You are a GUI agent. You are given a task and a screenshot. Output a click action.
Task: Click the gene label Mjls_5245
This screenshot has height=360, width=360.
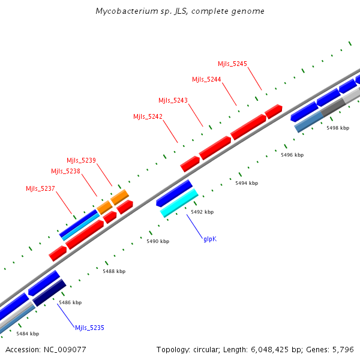click(232, 64)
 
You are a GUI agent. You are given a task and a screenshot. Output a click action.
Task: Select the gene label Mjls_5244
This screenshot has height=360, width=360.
click(206, 79)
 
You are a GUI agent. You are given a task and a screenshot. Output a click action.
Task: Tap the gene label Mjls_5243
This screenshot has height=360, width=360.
click(173, 100)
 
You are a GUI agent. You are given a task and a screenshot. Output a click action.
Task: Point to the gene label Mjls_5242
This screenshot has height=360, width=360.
click(148, 116)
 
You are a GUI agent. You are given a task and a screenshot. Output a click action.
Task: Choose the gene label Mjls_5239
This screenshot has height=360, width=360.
click(81, 160)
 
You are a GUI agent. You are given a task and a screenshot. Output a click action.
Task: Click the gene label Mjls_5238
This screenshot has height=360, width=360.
click(65, 171)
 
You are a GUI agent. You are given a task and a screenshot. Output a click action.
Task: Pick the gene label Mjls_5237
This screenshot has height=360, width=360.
click(40, 188)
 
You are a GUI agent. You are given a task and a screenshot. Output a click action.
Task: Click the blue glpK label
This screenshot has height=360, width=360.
click(210, 239)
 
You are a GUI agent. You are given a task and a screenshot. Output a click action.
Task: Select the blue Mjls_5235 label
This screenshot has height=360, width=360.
click(89, 328)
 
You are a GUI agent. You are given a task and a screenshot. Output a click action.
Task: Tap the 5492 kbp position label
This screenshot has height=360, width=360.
click(202, 212)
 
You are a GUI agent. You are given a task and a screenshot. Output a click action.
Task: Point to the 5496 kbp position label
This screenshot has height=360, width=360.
click(292, 155)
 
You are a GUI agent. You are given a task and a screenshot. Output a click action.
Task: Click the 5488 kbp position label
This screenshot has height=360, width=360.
click(114, 271)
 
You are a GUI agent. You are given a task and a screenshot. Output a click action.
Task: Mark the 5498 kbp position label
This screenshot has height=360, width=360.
click(337, 128)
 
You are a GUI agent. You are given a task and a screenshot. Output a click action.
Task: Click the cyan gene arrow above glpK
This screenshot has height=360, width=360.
click(179, 203)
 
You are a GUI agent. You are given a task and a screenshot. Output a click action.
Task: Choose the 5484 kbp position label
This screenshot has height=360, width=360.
click(28, 334)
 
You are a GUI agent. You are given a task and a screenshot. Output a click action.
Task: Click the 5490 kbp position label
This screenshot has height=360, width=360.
click(158, 241)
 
